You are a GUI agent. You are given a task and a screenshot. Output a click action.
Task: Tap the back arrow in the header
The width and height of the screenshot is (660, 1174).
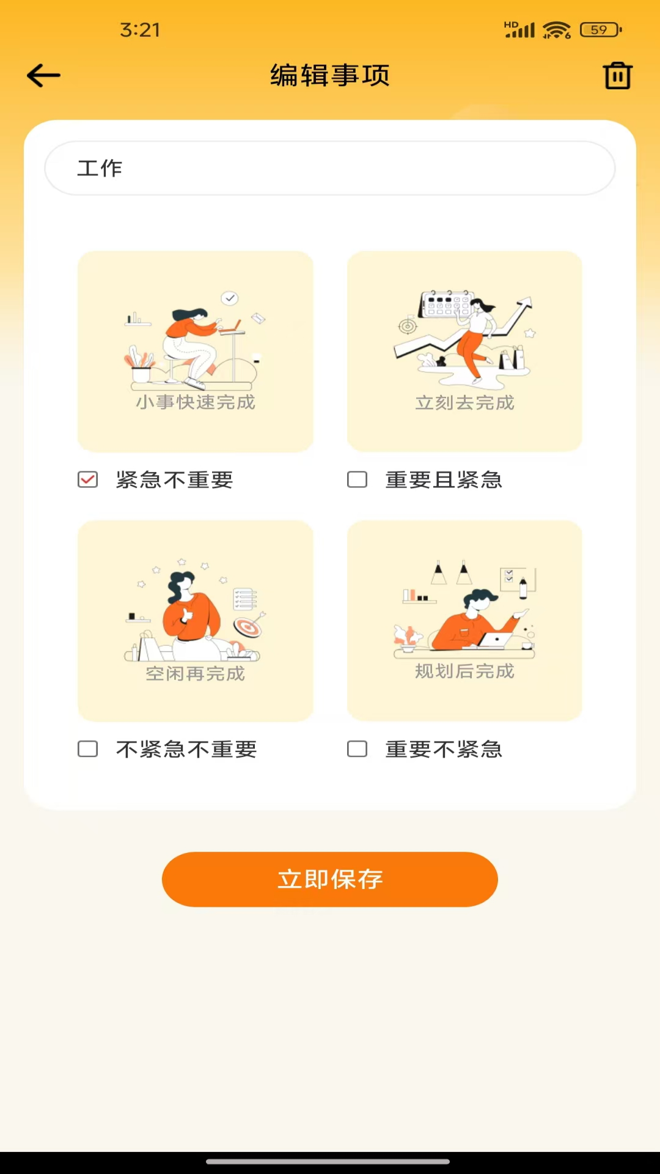coord(44,76)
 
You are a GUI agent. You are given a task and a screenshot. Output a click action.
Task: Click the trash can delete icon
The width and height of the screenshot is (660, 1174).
coord(617,76)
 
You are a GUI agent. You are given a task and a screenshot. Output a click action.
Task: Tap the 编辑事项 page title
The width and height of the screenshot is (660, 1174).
coord(330,76)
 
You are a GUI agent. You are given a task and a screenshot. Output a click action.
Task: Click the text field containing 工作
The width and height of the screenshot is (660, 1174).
coord(330,168)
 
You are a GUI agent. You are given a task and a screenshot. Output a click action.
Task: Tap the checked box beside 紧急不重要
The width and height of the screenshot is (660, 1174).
coord(88,479)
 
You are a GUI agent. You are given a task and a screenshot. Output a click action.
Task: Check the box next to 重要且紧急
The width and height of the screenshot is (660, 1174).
coord(358,479)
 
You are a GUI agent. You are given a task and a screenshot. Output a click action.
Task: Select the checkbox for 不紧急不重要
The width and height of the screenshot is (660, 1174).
coord(88,749)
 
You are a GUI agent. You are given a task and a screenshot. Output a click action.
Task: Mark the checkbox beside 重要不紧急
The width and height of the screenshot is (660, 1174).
coord(358,749)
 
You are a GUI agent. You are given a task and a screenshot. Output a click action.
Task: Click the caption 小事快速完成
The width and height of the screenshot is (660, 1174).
coord(196,402)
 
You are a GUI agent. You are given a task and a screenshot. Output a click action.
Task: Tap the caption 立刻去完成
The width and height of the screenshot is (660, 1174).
coord(465,403)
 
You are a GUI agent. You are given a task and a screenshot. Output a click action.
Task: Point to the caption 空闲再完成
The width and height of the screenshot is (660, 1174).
coord(196,674)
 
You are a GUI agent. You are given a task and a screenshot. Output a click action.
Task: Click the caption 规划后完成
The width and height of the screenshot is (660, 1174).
coord(465,671)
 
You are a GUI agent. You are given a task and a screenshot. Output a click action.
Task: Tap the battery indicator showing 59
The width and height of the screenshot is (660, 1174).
coord(600,29)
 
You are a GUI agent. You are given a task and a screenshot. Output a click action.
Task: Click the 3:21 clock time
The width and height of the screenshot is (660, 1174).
coord(140,29)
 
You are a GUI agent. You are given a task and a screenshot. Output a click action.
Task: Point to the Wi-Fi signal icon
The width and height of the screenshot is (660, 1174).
coord(556,29)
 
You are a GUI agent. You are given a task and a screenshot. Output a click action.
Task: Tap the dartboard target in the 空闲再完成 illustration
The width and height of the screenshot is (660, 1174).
coord(248,627)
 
